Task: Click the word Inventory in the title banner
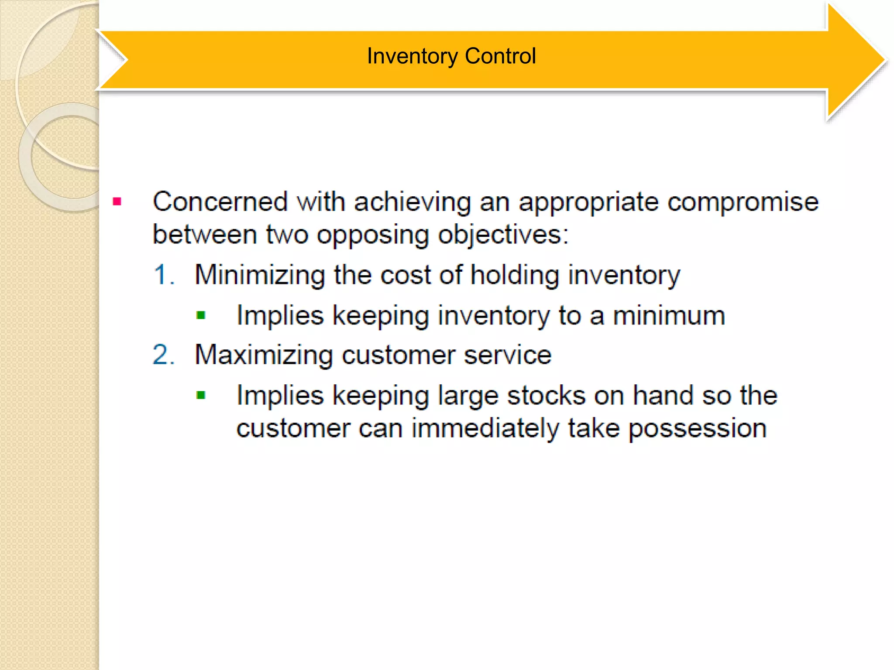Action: click(x=412, y=56)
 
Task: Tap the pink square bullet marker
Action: click(x=117, y=202)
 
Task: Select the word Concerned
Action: click(x=220, y=202)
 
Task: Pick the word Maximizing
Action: click(x=264, y=355)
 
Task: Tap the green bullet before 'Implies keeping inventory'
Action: click(x=201, y=315)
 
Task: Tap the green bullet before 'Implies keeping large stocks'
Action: click(x=201, y=395)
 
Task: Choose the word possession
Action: click(x=697, y=429)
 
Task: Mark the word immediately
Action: click(x=485, y=429)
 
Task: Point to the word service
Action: click(x=507, y=355)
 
